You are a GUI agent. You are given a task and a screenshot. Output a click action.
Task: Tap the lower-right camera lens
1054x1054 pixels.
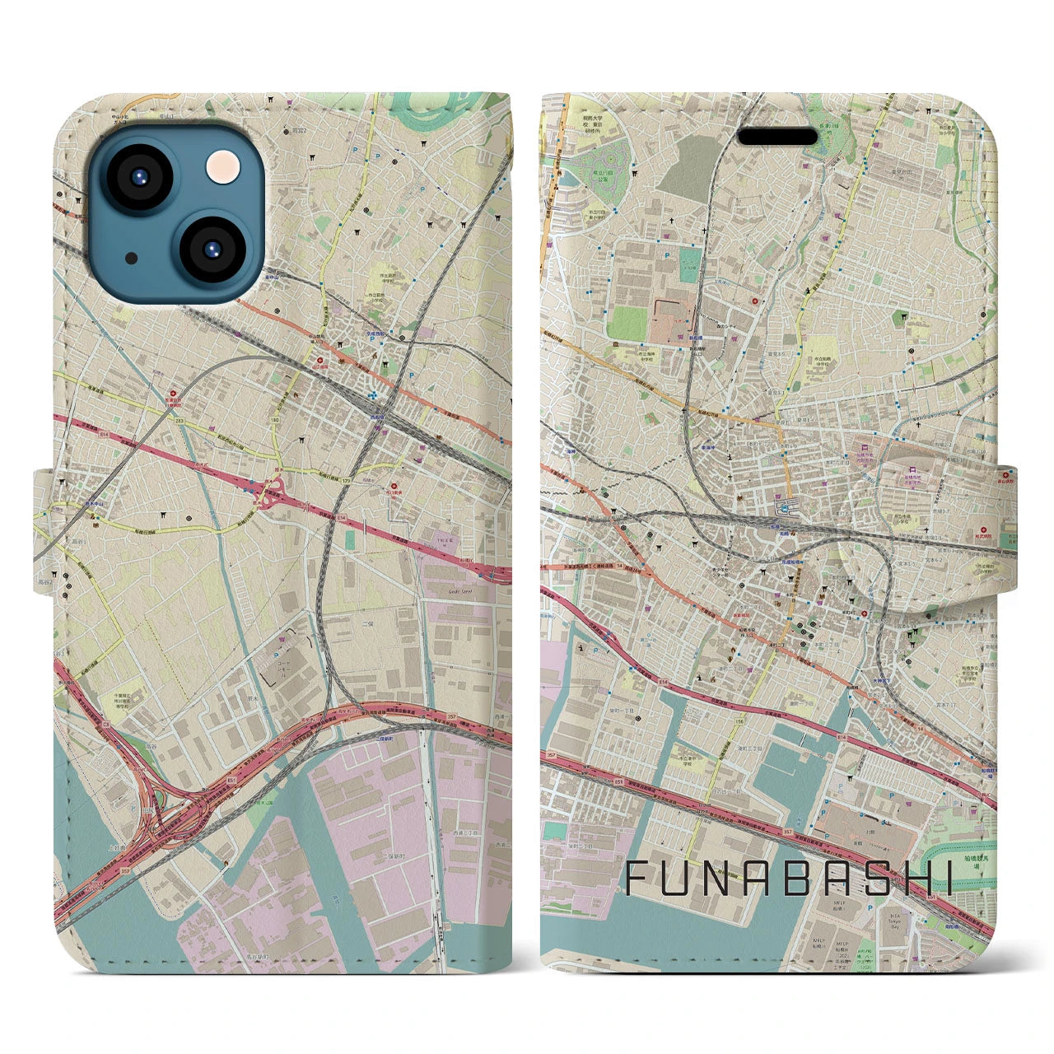coord(209,250)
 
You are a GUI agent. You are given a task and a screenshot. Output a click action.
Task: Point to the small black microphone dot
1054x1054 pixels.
coord(132,258)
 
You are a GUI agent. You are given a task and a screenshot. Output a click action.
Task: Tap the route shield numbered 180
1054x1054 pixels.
coord(274,420)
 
